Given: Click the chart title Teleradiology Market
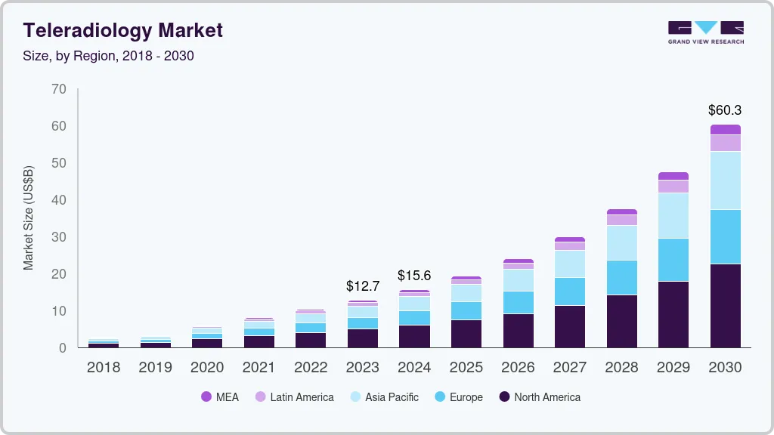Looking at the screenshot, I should point(123,30).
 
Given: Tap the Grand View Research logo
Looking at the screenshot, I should point(706,32).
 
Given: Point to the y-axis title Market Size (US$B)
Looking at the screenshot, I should point(29,217).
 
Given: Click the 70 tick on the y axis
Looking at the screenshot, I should point(59,89).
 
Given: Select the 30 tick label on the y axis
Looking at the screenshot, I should point(59,237).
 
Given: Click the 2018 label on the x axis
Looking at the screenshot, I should point(103,368).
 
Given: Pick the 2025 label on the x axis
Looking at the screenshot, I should point(466,368).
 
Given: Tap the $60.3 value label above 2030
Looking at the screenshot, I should point(725,110).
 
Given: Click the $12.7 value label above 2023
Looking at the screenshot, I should point(362,286).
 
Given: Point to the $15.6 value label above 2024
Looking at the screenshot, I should point(414,276).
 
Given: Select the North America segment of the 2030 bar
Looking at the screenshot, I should point(725,306).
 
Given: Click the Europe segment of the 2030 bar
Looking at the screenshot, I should point(725,236).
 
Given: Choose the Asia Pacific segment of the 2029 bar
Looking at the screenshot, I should point(673,215).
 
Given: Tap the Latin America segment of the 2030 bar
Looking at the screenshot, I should point(725,143).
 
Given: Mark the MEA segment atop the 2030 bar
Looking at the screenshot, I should point(725,129).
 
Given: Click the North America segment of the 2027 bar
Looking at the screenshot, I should point(570,326).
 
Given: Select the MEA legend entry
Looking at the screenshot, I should point(220,397).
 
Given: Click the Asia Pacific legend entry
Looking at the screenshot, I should point(383,397).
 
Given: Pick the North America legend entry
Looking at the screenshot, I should point(540,397).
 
